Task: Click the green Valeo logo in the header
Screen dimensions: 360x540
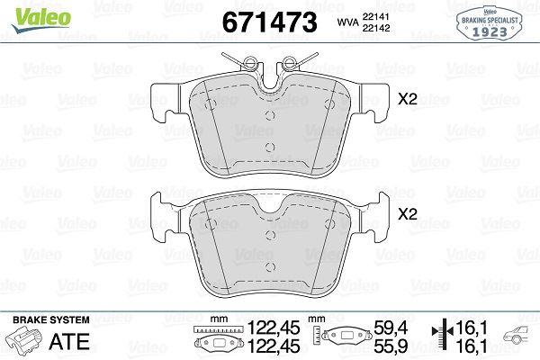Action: (29, 12)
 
